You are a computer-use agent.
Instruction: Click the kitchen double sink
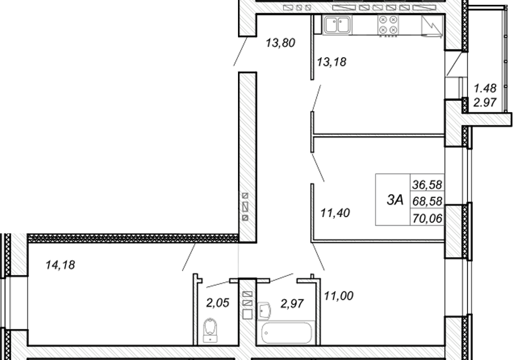tap(337, 25)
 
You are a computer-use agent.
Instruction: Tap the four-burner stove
tap(388, 25)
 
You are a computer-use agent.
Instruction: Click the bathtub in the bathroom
tap(286, 333)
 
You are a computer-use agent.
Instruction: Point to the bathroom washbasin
tap(264, 311)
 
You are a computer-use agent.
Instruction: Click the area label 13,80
tap(280, 43)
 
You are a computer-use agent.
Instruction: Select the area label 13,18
tap(332, 62)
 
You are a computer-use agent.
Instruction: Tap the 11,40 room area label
tap(335, 213)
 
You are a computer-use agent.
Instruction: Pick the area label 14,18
tap(60, 264)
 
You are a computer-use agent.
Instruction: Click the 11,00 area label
tap(338, 296)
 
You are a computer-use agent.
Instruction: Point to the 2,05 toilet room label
tap(217, 303)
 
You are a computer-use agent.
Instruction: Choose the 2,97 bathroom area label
tap(292, 303)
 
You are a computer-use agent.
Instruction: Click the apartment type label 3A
tap(395, 199)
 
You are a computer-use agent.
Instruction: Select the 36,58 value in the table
tap(427, 184)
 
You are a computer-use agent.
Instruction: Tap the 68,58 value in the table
tap(427, 201)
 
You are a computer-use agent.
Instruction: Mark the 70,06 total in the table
tap(427, 218)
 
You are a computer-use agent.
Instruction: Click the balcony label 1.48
tap(485, 88)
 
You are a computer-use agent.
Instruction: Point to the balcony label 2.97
tap(485, 103)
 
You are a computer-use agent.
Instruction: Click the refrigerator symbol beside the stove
tap(432, 25)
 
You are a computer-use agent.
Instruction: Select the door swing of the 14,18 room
tap(189, 257)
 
